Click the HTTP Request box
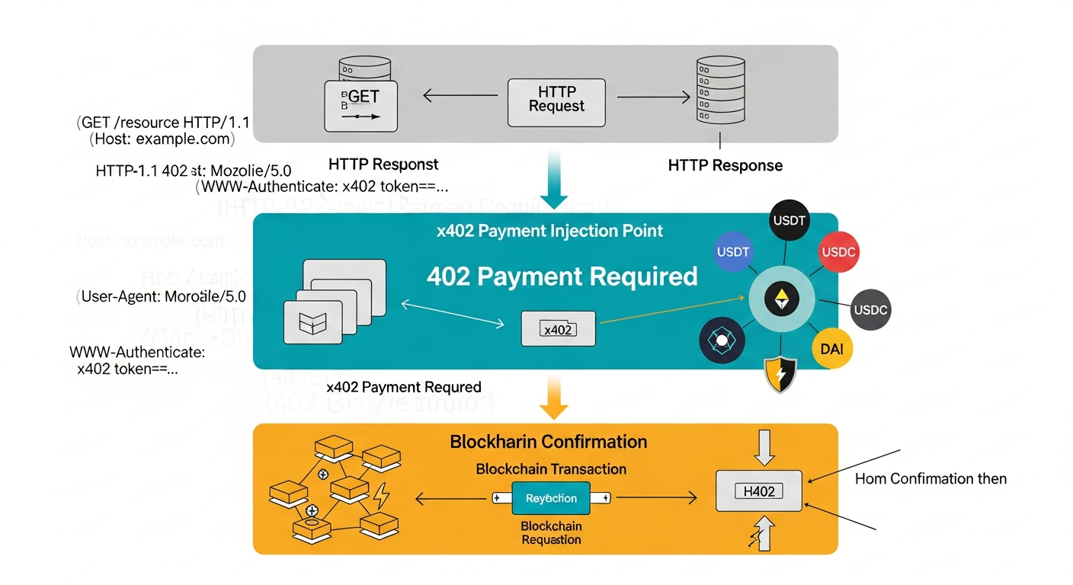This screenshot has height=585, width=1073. click(556, 102)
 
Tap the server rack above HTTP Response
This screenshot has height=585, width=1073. click(719, 90)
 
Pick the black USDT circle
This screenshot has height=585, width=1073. click(789, 222)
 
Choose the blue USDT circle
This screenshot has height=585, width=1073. click(733, 252)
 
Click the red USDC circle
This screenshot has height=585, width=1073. click(838, 252)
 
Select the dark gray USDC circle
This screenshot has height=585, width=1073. click(870, 310)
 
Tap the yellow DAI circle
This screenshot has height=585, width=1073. click(831, 349)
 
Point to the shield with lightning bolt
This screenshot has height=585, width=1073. click(780, 374)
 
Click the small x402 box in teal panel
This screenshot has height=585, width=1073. click(558, 329)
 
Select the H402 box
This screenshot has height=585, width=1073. click(759, 491)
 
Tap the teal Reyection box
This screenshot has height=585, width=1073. click(551, 498)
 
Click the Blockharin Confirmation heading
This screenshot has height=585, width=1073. click(548, 442)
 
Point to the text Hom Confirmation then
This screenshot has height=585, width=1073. click(930, 479)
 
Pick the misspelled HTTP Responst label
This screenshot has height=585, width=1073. click(383, 165)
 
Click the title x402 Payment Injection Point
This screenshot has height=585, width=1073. click(549, 232)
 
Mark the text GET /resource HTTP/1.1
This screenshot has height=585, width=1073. click(163, 123)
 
